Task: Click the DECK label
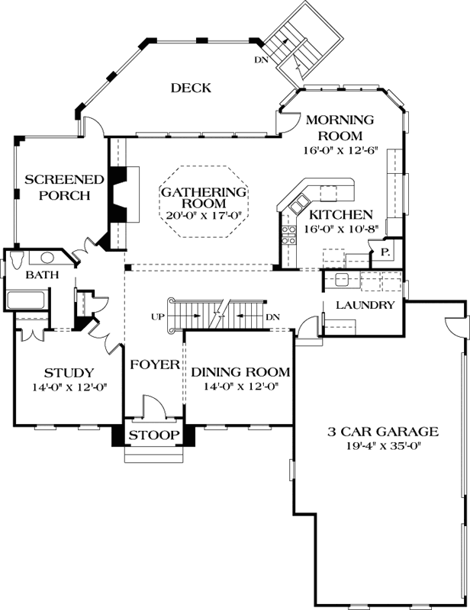[x=190, y=88]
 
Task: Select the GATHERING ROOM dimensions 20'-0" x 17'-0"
[x=204, y=215]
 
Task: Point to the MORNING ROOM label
[x=340, y=127]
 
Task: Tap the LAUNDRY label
[x=364, y=306]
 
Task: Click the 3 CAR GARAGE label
[x=378, y=431]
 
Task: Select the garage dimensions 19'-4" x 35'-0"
[x=378, y=446]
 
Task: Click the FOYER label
[x=153, y=364]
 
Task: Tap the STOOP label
[x=153, y=435]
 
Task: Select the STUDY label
[x=69, y=373]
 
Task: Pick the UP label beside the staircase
[x=158, y=316]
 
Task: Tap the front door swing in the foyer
[x=152, y=404]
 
